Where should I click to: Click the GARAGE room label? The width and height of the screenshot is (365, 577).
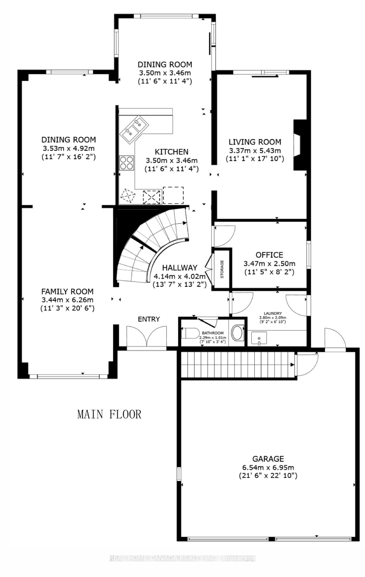point(268,458)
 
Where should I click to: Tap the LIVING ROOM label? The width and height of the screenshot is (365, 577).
point(255,142)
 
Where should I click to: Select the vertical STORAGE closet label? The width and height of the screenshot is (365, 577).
point(222,269)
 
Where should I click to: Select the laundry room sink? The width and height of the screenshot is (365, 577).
point(259,338)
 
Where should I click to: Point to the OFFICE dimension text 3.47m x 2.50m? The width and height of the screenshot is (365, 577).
point(269,264)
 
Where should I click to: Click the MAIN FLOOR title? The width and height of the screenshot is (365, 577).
point(109,414)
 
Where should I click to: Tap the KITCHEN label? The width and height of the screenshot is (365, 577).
point(172,152)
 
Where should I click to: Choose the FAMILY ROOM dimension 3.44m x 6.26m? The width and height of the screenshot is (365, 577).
point(67,300)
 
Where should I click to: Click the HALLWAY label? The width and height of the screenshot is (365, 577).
point(180,267)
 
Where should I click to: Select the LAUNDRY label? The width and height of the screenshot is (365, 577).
point(272,313)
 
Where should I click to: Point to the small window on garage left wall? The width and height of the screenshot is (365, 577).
point(179,474)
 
